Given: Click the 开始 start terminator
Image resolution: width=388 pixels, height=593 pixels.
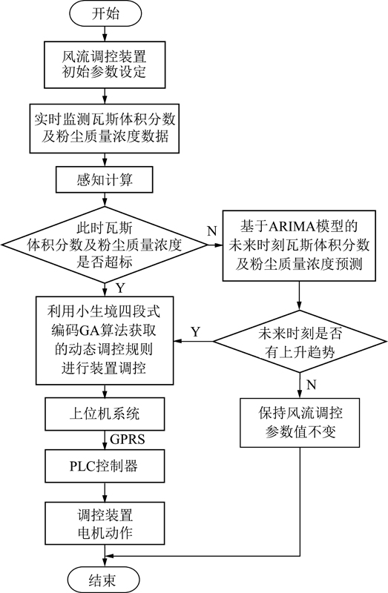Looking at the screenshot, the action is click(x=105, y=13).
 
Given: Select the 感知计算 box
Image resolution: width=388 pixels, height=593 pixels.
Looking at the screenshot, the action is click(x=105, y=179).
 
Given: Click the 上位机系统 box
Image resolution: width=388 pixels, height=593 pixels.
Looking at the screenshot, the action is click(x=105, y=414).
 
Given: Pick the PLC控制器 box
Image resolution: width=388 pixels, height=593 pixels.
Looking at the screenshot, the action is click(x=105, y=466).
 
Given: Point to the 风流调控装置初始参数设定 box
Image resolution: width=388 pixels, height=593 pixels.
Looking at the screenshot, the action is click(x=105, y=64).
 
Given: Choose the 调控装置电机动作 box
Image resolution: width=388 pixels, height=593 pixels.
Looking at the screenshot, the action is click(x=105, y=523).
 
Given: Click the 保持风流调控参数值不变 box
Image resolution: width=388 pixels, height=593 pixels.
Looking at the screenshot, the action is click(x=300, y=423).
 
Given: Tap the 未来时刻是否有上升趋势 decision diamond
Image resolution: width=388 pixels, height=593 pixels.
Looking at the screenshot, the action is click(x=300, y=342).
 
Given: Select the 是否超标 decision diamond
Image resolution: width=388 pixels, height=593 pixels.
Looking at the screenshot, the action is click(x=105, y=245).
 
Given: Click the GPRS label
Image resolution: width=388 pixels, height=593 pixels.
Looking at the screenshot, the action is click(x=128, y=440).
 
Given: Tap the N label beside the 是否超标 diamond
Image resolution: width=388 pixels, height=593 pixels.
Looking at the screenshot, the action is click(x=212, y=231).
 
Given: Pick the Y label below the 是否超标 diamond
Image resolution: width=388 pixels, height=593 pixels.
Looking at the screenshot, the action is click(x=120, y=288).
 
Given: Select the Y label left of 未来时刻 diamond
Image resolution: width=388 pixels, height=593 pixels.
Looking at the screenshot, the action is click(x=195, y=331).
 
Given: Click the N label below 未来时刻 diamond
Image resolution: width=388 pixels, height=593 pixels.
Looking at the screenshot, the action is click(x=311, y=385).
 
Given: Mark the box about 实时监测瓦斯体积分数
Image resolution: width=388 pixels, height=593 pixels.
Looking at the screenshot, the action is click(x=105, y=127).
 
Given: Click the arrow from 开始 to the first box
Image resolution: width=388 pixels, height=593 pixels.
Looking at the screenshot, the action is click(x=105, y=33).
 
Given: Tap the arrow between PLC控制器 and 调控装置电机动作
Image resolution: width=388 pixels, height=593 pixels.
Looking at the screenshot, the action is click(x=105, y=492).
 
